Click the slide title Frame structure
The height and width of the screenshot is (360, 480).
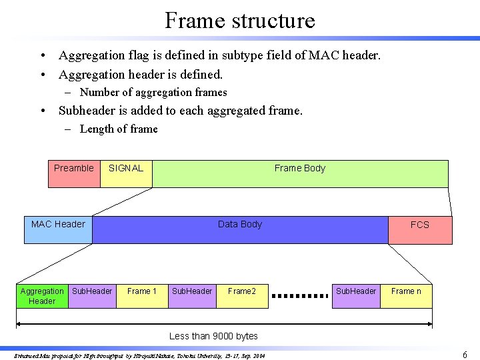[240, 20]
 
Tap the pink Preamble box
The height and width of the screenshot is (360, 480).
[74, 173]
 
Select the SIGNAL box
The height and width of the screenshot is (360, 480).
[126, 173]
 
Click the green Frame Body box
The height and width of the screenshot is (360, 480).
[300, 173]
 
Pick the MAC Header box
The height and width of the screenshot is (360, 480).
[58, 229]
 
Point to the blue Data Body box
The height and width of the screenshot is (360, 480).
[240, 229]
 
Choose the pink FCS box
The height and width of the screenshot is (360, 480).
[420, 230]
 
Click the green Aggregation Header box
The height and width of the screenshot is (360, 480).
[42, 296]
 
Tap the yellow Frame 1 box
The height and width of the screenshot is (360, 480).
[142, 296]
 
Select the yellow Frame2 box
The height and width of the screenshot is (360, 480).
[242, 296]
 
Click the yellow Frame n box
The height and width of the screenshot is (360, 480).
[406, 296]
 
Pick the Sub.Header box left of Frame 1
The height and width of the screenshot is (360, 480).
[92, 296]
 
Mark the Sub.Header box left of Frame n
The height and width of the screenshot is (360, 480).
[356, 296]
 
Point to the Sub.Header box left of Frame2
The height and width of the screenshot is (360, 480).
[192, 296]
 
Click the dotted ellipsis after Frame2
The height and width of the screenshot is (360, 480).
[301, 295]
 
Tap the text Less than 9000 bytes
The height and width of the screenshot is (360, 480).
[213, 336]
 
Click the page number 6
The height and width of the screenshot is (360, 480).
[465, 355]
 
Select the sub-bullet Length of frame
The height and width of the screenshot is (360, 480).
[119, 129]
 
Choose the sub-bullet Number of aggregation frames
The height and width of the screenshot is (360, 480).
[153, 93]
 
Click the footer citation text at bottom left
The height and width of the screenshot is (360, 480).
[140, 356]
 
